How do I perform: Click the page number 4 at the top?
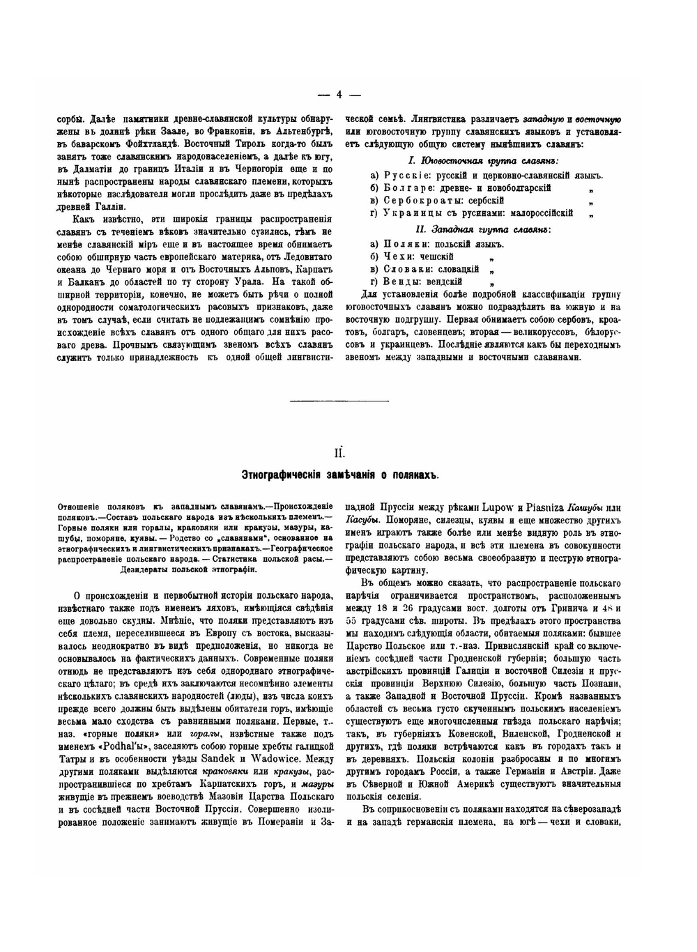(339, 95)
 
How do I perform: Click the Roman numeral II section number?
(339, 453)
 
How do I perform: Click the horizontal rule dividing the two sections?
(339, 401)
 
